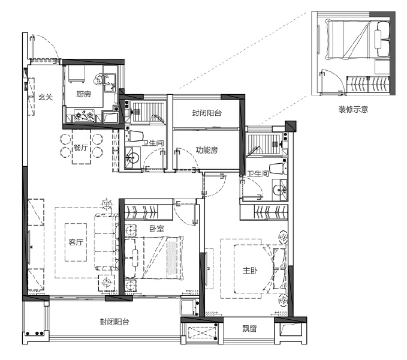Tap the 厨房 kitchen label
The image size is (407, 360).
(x=83, y=94)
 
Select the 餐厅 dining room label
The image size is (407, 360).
(x=81, y=148)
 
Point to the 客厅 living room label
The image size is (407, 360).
(x=76, y=242)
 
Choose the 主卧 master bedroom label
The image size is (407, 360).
(x=250, y=271)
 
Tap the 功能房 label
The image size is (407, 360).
(x=206, y=149)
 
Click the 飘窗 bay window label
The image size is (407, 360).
(x=250, y=329)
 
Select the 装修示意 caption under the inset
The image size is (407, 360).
(x=353, y=109)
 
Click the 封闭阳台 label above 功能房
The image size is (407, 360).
(x=207, y=113)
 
